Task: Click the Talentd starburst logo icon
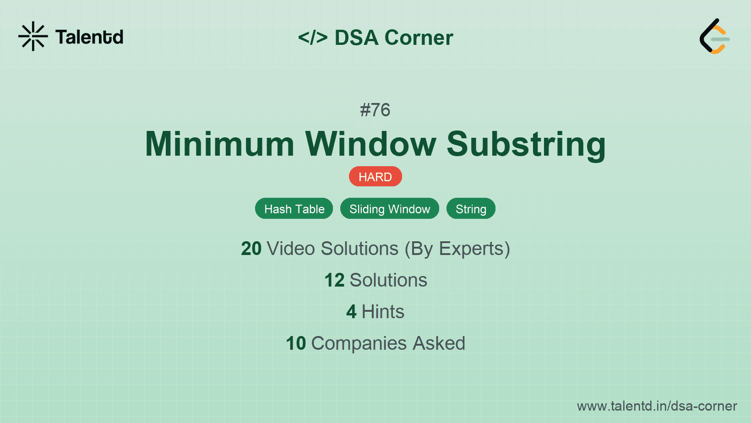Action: click(33, 36)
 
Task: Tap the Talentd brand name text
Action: click(89, 37)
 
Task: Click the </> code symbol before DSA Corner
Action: click(313, 38)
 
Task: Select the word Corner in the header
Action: click(419, 38)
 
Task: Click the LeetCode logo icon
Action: click(714, 37)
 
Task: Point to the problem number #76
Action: click(375, 110)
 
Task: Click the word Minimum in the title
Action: click(220, 144)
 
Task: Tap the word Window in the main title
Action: click(371, 144)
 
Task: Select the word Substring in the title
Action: click(526, 144)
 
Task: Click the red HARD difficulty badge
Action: click(375, 177)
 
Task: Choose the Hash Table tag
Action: click(294, 209)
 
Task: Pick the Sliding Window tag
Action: click(390, 209)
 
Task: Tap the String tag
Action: click(471, 209)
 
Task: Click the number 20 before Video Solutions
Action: click(251, 249)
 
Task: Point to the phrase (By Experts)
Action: click(457, 249)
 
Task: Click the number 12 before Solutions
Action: click(334, 280)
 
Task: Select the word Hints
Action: click(383, 312)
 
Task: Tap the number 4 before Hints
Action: click(351, 312)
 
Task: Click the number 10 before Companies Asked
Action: click(296, 343)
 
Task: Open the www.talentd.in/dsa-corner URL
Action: click(657, 406)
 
